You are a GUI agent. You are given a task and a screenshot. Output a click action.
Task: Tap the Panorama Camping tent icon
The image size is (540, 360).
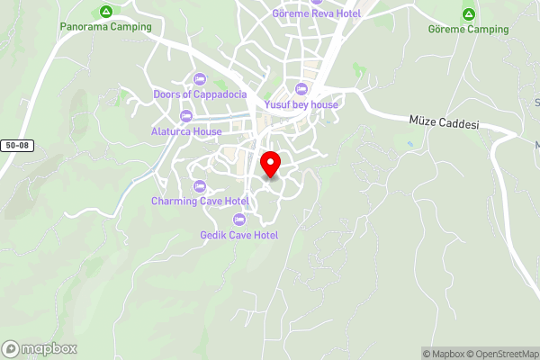pyautogui.click(x=106, y=12)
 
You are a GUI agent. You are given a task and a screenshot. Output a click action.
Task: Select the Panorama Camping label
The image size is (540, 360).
pyautogui.click(x=106, y=27)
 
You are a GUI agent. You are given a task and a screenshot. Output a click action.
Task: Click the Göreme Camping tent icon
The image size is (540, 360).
pyautogui.click(x=468, y=14)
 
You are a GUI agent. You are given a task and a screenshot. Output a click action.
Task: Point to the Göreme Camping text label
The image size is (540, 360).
pyautogui.click(x=468, y=30)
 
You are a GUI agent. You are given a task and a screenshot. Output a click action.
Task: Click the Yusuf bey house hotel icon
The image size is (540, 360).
pyautogui.click(x=301, y=88)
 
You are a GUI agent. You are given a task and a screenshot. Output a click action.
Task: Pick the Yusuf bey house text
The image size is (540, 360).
pyautogui.click(x=301, y=104)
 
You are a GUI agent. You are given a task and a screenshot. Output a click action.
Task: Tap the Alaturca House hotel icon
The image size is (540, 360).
pyautogui.click(x=186, y=115)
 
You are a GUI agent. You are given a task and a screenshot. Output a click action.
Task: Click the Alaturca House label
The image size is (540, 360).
pyautogui.click(x=186, y=131)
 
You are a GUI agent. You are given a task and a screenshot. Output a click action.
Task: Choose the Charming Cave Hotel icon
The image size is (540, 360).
pyautogui.click(x=200, y=185)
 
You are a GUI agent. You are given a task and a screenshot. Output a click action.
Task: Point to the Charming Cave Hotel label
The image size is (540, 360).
pyautogui.click(x=200, y=201)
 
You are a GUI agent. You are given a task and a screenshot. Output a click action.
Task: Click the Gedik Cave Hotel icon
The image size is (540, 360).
pyautogui.click(x=239, y=220)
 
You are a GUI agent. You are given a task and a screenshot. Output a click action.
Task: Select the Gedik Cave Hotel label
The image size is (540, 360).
pyautogui.click(x=239, y=235)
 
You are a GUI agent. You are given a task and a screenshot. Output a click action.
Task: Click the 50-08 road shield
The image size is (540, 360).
pyautogui.click(x=17, y=145)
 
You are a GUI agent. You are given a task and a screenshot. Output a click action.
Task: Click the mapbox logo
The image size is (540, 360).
pyautogui.click(x=40, y=348)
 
